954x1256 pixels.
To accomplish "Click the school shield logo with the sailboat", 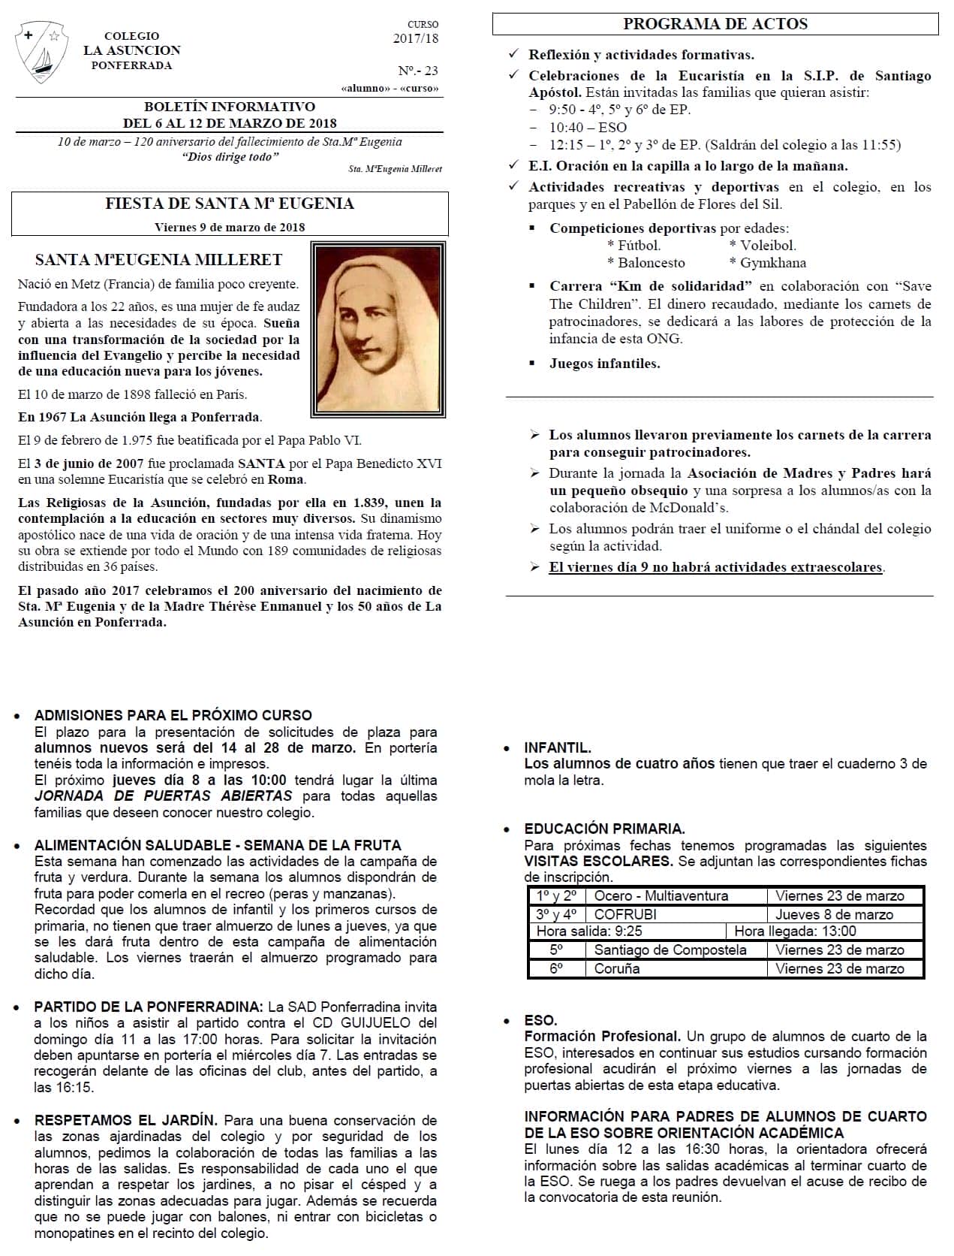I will [43, 53].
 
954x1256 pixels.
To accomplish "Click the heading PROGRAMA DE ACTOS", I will [715, 24].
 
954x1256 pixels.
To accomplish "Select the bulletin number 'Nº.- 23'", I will [418, 71].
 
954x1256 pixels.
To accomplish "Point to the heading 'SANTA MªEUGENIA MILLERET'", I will [158, 260].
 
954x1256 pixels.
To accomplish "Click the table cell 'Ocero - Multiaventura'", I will [661, 895].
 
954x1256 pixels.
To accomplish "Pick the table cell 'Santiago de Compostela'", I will [670, 950].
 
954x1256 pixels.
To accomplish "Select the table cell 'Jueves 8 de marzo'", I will [834, 914].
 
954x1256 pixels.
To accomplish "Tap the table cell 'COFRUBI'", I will [624, 914].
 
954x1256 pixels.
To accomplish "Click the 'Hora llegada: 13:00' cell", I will [795, 931].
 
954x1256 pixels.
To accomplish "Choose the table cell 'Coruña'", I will [617, 968].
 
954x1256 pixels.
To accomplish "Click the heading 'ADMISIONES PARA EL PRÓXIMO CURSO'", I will [173, 715].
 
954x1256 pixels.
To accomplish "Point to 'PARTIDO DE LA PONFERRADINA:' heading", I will [149, 1007].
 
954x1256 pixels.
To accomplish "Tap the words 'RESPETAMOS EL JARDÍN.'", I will [126, 1120].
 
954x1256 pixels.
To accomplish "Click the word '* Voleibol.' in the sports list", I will [763, 246].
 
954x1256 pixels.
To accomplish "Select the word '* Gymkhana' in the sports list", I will [768, 263].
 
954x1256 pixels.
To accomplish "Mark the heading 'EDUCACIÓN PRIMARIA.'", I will [604, 829].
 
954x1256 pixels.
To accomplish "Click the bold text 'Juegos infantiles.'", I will [604, 364].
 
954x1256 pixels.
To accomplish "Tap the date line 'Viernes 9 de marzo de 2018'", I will [230, 227].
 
